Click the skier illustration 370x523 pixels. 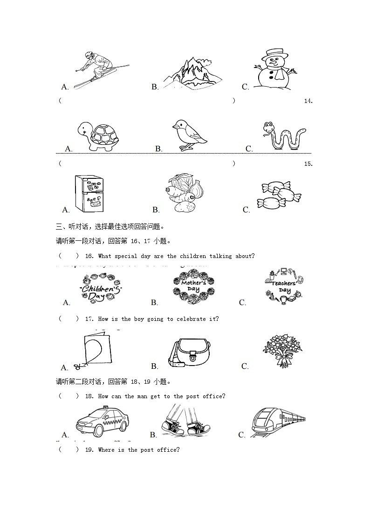point(99,70)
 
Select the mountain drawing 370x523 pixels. point(192,72)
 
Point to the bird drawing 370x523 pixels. point(189,135)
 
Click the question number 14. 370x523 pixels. point(308,101)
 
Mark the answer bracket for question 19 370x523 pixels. point(69,450)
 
